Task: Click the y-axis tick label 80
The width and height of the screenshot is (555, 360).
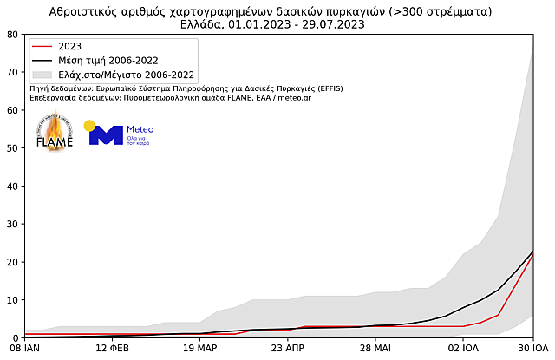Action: coord(12,35)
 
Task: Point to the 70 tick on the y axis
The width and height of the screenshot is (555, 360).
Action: coord(12,72)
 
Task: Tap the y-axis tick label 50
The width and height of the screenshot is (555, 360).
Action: coord(12,148)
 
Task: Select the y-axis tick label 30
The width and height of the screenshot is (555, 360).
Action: coord(12,224)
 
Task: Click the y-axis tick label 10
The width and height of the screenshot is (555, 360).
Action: coord(12,300)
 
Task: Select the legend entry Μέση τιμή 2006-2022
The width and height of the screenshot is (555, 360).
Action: coord(108,61)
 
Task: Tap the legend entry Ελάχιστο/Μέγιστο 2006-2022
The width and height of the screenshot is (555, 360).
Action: coord(126,75)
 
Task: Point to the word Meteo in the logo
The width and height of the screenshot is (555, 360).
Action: coord(140,129)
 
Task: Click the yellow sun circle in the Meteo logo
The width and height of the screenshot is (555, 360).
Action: coord(89,126)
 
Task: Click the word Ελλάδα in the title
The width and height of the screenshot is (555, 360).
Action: coord(203,24)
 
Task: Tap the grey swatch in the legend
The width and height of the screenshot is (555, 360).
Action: coord(42,75)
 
